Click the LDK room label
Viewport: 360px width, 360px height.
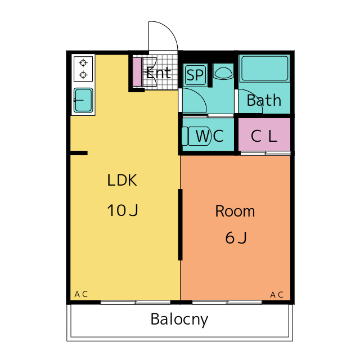(123, 181)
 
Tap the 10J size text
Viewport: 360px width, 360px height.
(123, 210)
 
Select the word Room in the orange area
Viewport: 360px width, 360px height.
(235, 211)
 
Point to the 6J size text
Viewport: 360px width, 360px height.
(236, 238)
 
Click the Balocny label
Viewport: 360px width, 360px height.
(179, 319)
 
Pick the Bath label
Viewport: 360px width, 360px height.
(264, 100)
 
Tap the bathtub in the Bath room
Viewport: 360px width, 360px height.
(264, 69)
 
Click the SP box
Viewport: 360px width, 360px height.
(195, 75)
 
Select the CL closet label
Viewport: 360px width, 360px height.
(264, 136)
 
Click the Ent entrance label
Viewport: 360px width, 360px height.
(158, 73)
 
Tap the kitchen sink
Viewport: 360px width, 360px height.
(83, 101)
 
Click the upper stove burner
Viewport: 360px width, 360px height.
(83, 62)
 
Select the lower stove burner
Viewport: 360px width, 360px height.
(83, 74)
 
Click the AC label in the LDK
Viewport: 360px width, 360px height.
(81, 294)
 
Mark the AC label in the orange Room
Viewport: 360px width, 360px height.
(276, 294)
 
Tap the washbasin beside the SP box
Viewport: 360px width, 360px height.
(223, 72)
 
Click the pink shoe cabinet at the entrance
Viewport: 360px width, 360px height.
(137, 71)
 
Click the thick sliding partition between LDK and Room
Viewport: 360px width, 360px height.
(180, 225)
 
